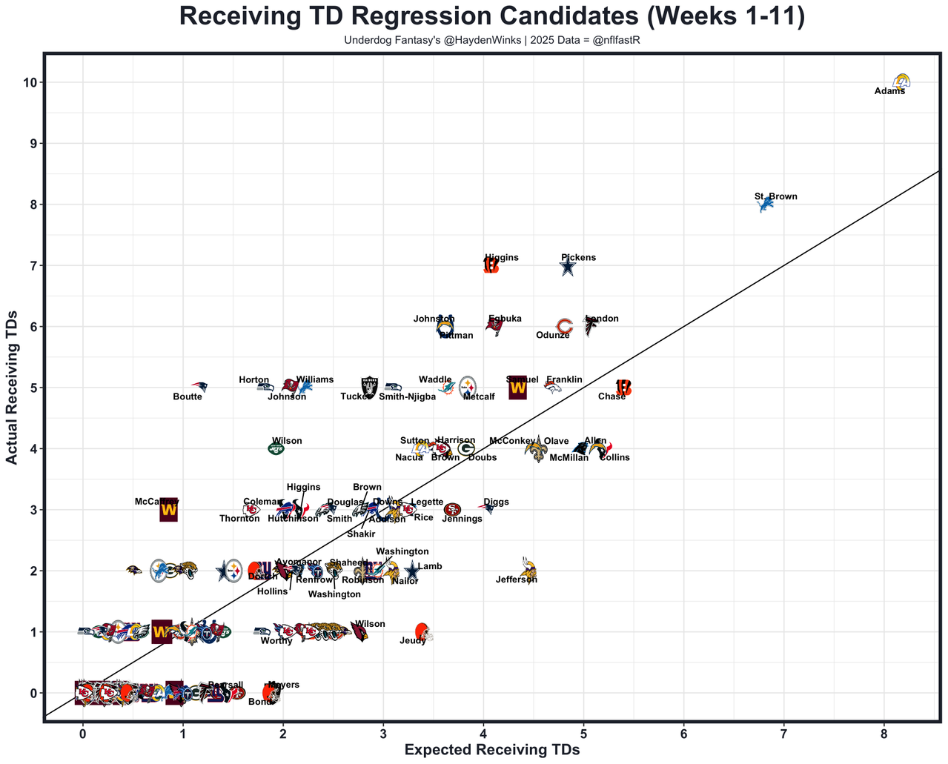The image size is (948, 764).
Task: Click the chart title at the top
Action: [x=492, y=17]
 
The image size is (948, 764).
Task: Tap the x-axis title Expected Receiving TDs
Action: [x=491, y=749]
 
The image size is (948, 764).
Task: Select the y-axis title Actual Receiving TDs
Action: [x=12, y=387]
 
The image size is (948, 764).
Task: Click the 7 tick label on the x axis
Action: [x=783, y=733]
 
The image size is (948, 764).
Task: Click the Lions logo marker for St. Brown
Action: [x=766, y=204]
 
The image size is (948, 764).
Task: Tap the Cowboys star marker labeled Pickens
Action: [x=567, y=266]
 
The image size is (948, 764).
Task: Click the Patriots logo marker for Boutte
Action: [x=199, y=387]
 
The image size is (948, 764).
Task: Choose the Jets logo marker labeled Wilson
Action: [x=276, y=448]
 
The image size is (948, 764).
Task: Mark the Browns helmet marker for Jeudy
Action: [x=422, y=631]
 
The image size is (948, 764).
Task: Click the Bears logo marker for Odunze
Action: [x=564, y=326]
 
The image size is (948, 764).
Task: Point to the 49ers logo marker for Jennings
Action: [x=452, y=509]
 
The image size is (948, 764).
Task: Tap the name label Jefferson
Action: [x=516, y=579]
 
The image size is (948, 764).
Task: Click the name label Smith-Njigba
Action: [x=407, y=396]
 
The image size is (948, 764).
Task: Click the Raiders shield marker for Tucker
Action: [x=368, y=386]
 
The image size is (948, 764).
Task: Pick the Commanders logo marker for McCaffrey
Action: [x=169, y=510]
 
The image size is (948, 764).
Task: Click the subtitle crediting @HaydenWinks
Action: [x=491, y=40]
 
